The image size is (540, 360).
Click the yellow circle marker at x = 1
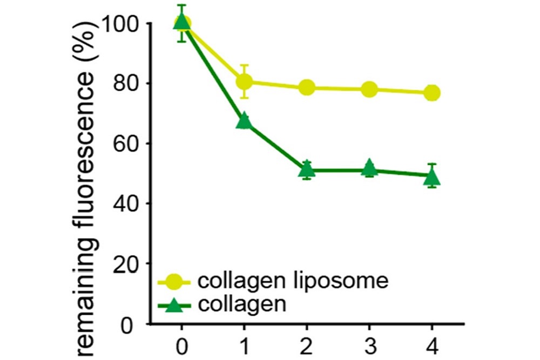(245, 81)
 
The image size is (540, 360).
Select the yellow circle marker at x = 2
(307, 87)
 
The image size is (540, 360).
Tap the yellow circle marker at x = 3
(369, 89)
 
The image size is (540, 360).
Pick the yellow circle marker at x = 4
(432, 93)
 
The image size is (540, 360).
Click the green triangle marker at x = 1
(244, 120)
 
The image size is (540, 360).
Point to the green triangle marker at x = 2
(307, 170)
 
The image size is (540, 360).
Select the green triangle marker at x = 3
(369, 168)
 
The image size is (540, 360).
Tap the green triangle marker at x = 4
(432, 176)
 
